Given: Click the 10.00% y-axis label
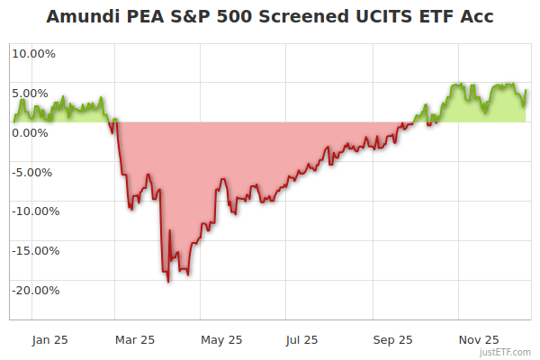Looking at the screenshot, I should (33, 53).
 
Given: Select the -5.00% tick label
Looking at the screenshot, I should (34, 172).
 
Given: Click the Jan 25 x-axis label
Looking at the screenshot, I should (49, 340).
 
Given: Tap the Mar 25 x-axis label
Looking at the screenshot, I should (136, 340).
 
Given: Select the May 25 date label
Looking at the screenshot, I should (221, 340).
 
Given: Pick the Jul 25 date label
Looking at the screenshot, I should (302, 340).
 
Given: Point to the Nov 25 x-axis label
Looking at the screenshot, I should (478, 340).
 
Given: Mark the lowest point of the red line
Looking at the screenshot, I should (168, 282).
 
